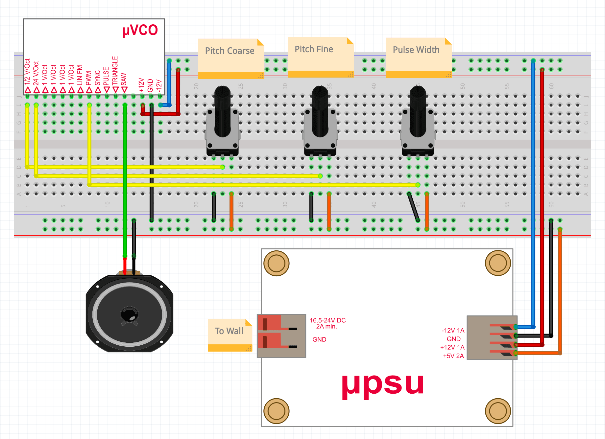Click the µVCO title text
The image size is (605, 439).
[x=140, y=30]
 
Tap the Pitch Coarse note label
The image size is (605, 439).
[x=230, y=51]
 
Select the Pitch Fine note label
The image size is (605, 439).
[x=314, y=49]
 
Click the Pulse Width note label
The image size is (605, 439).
[x=416, y=50]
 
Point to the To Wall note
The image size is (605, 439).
[x=229, y=331]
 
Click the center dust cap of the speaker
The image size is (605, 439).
[x=130, y=314]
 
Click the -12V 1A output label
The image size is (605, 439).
[x=453, y=331]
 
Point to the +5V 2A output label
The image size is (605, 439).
[x=453, y=356]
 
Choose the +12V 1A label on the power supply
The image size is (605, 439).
[x=452, y=347]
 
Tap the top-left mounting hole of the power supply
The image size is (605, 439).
[x=277, y=263]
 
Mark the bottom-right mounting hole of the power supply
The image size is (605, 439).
[x=498, y=411]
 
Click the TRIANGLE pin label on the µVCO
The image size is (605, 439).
[x=115, y=71]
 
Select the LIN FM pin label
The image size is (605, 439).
[x=80, y=75]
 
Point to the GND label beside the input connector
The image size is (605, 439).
[x=319, y=339]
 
